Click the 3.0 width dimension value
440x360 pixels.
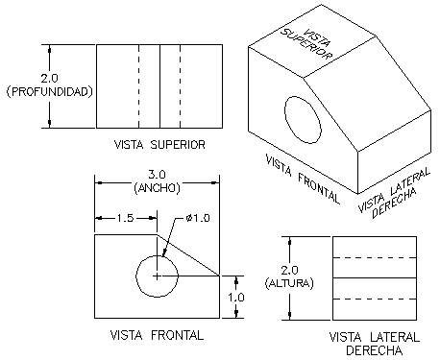[x=157, y=175]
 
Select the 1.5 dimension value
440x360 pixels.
[x=125, y=218]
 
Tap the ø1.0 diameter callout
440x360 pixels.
[x=198, y=218]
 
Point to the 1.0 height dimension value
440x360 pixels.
[x=236, y=298]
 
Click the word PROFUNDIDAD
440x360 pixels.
[x=50, y=92]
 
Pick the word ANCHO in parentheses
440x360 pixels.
[x=157, y=188]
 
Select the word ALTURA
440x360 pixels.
[x=289, y=283]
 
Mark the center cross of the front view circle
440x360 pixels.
[x=157, y=276]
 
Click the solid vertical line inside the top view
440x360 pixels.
[x=159, y=86]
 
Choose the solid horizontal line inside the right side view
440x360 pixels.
[x=375, y=277]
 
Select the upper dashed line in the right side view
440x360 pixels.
[x=375, y=257]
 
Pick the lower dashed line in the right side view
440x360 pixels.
[x=375, y=300]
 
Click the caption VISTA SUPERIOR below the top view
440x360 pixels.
[x=159, y=145]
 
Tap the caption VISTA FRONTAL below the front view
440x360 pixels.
[x=157, y=335]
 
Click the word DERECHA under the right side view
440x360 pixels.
[x=374, y=350]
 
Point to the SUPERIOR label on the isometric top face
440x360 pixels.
[x=306, y=45]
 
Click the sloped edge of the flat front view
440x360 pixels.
[x=188, y=255]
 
